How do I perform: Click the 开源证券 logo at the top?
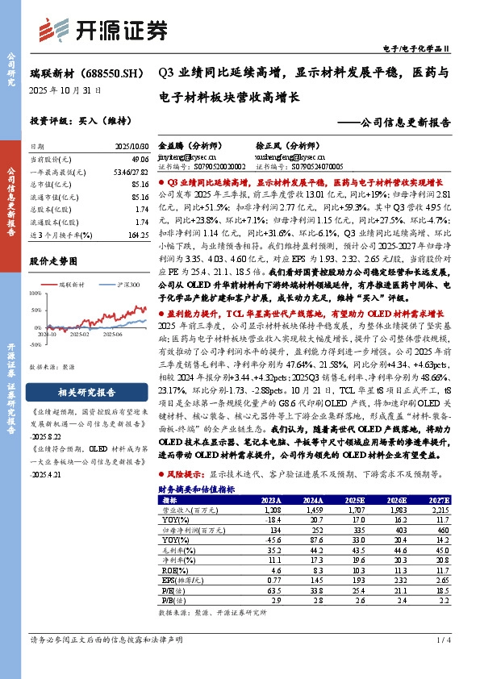click(x=106, y=29)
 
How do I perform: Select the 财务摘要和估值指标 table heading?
click(x=197, y=489)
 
